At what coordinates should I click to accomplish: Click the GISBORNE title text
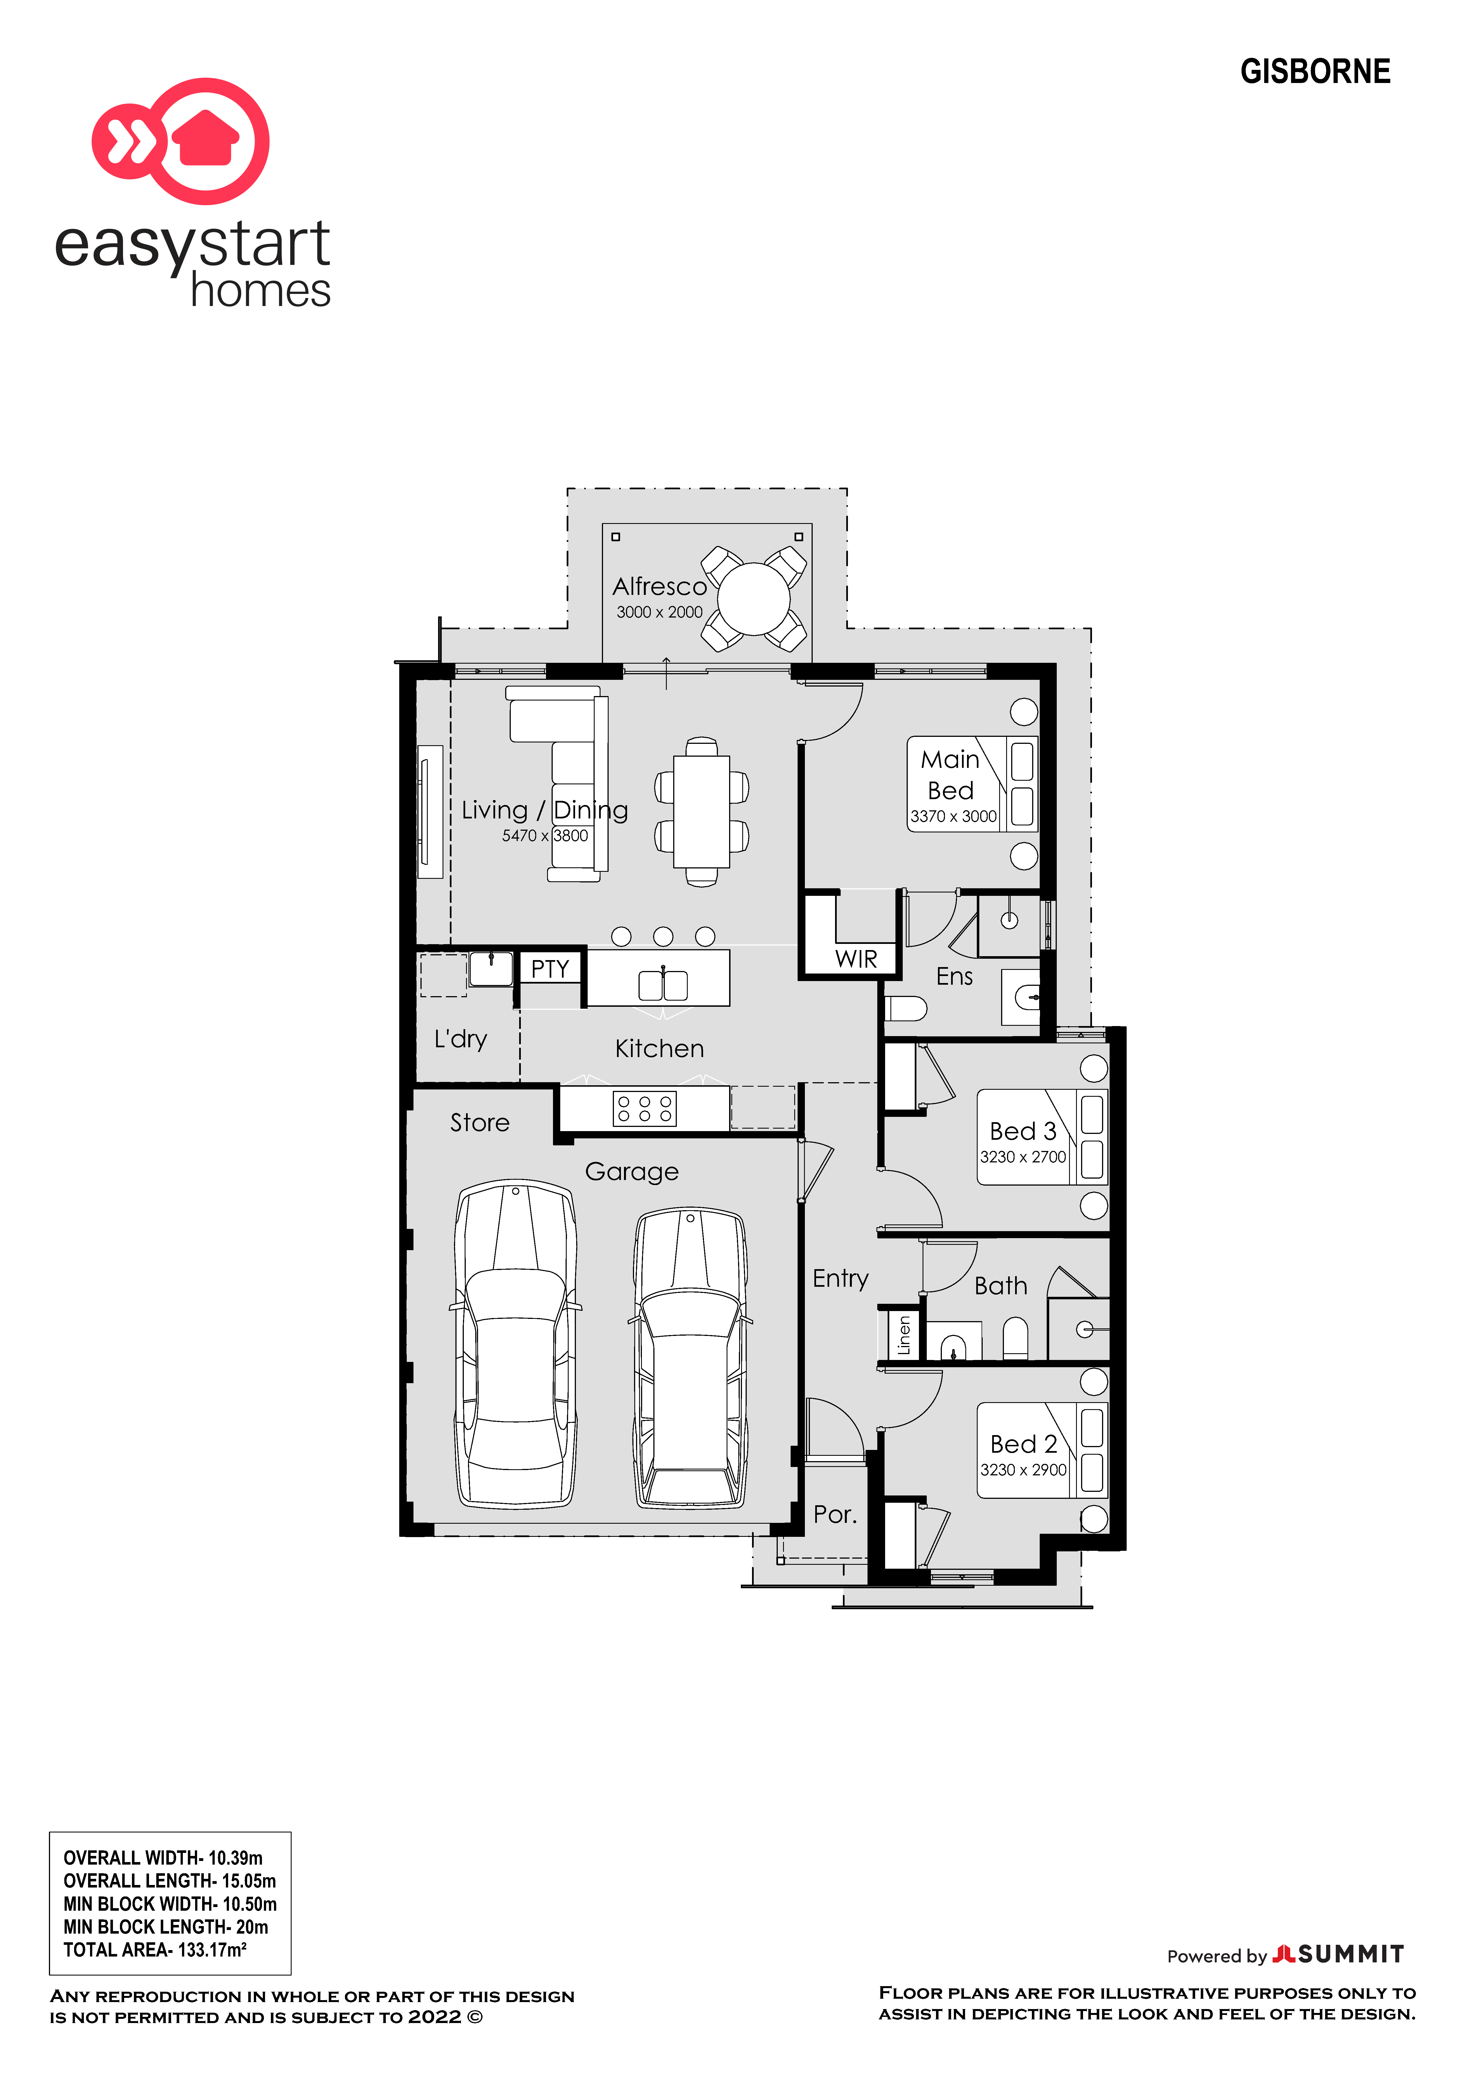coord(1315,72)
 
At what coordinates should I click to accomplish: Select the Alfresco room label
coord(660,587)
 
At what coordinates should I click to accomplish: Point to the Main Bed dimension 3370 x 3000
coord(954,816)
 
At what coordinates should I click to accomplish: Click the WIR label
coord(856,959)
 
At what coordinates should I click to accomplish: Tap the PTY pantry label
coord(550,969)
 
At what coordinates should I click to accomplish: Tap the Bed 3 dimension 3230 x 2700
coord(1023,1157)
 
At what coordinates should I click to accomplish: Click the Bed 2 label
coord(1023,1444)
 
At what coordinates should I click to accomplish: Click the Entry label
coord(841,1279)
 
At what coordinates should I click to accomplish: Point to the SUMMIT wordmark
coord(1351,1955)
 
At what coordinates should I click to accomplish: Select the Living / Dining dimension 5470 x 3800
coord(545,836)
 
